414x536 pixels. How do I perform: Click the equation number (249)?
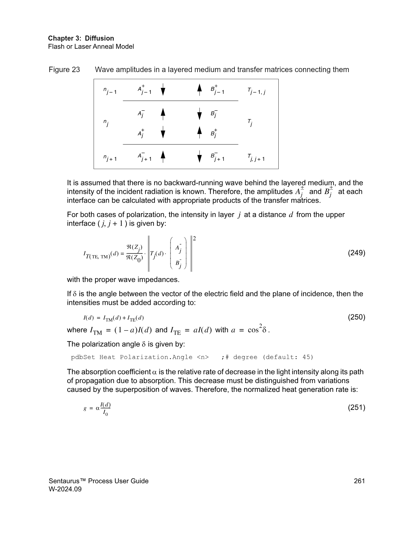(x=356, y=253)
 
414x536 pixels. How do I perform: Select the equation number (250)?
(x=356, y=317)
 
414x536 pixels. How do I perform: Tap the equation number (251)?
(x=356, y=407)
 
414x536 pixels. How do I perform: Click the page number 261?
(x=359, y=481)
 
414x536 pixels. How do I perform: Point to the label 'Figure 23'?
(x=64, y=70)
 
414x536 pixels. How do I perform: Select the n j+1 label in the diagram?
(x=110, y=158)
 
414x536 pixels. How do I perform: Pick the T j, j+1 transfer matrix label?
(x=256, y=158)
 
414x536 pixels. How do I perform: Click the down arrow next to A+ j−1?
(x=163, y=91)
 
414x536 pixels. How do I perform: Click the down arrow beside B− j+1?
(x=200, y=158)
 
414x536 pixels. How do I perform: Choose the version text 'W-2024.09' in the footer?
(x=65, y=489)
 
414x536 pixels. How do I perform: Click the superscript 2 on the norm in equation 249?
(x=194, y=239)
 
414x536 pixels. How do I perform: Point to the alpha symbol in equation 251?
(x=97, y=408)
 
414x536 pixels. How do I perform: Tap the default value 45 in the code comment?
(x=306, y=357)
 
